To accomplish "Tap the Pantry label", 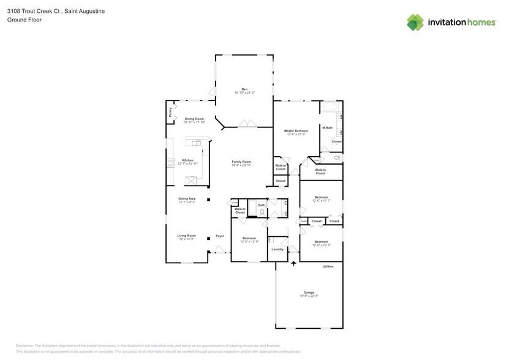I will tap(170, 113).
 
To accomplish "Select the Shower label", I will tap(336, 141).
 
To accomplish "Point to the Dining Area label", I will tap(187, 199).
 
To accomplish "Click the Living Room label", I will tap(187, 236).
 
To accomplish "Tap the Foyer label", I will tap(219, 236).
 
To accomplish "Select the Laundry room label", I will tap(277, 249).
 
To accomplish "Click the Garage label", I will tap(309, 293).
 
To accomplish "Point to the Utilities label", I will tap(328, 266).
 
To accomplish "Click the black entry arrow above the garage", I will tap(293, 263).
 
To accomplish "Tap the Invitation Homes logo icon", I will tap(415, 23).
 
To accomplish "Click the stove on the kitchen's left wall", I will tap(170, 163).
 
